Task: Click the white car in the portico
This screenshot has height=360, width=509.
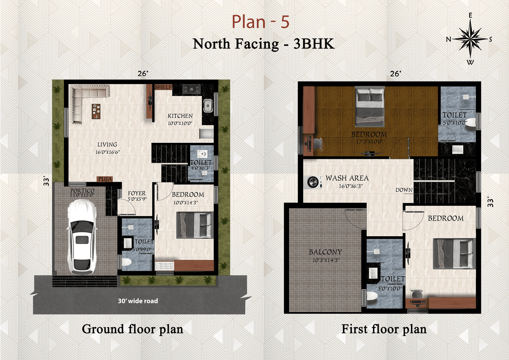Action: (x=82, y=237)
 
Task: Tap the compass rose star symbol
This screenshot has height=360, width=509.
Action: (x=470, y=39)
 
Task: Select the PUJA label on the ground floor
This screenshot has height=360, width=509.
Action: (x=105, y=179)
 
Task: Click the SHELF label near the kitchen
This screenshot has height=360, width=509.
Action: (x=163, y=87)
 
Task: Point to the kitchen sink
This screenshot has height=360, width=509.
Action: (x=208, y=106)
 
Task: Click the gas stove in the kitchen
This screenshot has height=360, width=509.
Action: (x=192, y=89)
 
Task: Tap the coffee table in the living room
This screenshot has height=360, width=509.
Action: (x=96, y=111)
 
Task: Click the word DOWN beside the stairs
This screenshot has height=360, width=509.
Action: (x=404, y=190)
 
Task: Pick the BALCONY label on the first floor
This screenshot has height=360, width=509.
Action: (x=325, y=252)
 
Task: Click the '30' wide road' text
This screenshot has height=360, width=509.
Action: (x=138, y=301)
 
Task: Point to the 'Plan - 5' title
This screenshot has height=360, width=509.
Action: (x=261, y=22)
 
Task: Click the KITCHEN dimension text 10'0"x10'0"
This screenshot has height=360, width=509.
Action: (x=180, y=123)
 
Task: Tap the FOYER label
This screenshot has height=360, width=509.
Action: (x=136, y=193)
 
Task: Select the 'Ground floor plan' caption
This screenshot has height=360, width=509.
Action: (x=132, y=329)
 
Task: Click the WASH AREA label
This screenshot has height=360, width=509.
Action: (x=347, y=178)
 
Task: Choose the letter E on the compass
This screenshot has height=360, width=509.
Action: (x=470, y=16)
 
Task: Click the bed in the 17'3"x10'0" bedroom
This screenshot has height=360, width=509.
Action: (x=370, y=106)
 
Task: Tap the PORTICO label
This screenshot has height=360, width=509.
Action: (x=82, y=190)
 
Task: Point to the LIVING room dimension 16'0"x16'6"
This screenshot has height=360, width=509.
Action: (x=107, y=152)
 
